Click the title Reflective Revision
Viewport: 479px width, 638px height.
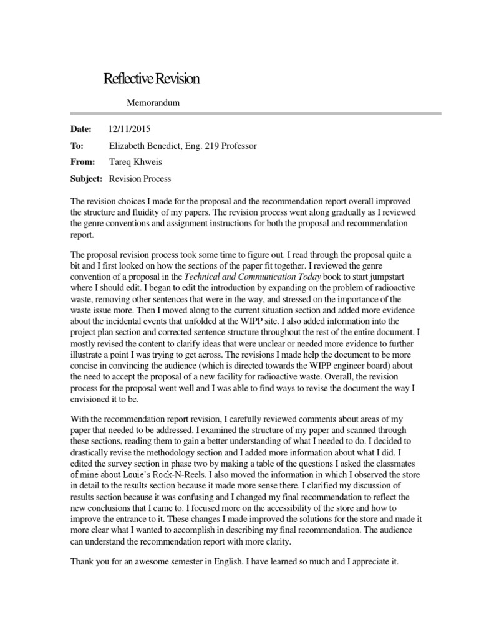151,79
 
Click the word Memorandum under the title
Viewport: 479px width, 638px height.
153,103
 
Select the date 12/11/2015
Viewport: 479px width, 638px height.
130,130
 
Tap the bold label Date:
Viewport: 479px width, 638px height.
80,130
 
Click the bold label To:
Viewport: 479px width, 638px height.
77,146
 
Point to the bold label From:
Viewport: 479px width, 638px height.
83,162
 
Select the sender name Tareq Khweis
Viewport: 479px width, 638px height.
133,162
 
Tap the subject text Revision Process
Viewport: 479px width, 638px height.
140,178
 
